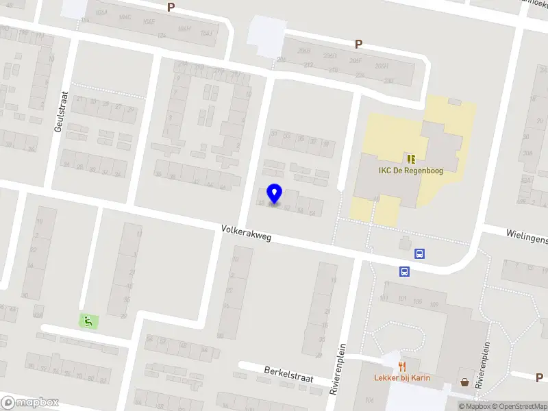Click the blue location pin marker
(275, 194)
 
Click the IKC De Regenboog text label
(410, 170)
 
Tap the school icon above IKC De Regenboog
(410, 158)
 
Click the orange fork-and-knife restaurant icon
(402, 366)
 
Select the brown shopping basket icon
(466, 382)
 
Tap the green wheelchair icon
(88, 319)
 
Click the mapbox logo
(30, 402)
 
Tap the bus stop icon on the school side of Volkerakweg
(419, 253)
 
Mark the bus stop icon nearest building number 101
(404, 271)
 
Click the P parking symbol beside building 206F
(358, 45)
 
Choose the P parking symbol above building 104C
(171, 7)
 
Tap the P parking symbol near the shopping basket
(538, 377)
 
